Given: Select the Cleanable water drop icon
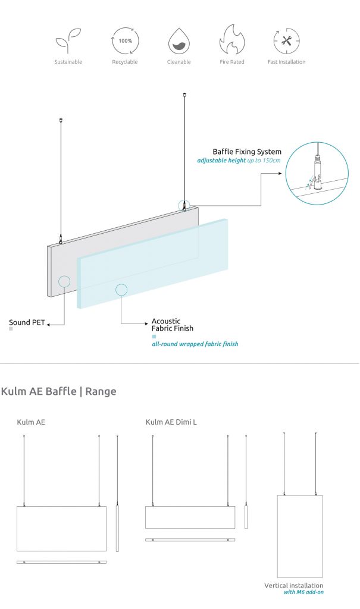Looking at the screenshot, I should pos(179,42).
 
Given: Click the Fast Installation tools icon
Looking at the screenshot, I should pos(286,41).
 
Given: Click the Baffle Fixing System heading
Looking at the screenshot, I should pos(247,152).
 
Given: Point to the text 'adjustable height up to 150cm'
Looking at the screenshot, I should pos(239,161).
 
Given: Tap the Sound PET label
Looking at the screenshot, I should pos(27,323).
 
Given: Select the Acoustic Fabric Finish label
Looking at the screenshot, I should pos(173,325).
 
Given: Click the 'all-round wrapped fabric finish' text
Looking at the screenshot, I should pos(195,344).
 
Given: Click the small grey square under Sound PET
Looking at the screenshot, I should pos(11,329).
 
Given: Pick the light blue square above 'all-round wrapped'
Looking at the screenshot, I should pos(154,336).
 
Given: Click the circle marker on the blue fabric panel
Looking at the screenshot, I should pos(121,290).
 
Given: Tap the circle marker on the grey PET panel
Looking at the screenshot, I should pos(64,281).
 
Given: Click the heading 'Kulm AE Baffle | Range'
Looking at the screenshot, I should pos(58,391).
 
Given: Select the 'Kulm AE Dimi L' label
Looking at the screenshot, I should pos(171,422).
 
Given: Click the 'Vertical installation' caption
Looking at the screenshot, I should pos(294,586).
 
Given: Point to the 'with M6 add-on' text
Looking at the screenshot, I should pos(303,592).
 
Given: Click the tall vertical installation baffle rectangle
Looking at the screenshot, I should pos(300,536).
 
